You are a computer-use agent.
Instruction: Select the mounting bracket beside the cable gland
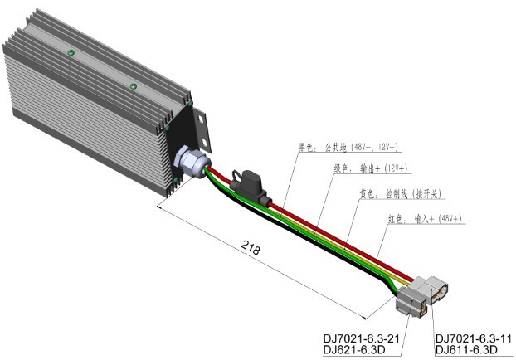pyautogui.click(x=201, y=133)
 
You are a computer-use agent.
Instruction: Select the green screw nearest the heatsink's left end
pyautogui.click(x=71, y=55)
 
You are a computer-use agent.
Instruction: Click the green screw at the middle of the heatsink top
pyautogui.click(x=132, y=85)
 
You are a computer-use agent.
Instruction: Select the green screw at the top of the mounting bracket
pyautogui.click(x=192, y=103)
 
